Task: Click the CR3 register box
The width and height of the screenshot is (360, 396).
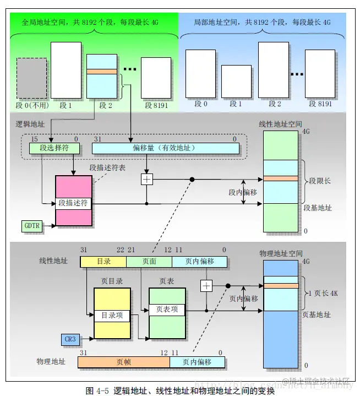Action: tap(70, 339)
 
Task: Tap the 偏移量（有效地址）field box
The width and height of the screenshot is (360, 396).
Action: tap(165, 148)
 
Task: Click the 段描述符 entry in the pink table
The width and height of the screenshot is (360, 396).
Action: tap(73, 203)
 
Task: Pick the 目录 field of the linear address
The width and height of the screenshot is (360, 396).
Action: tap(103, 261)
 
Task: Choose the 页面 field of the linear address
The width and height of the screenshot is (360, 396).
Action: tap(149, 261)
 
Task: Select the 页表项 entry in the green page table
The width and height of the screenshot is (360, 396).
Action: tap(167, 309)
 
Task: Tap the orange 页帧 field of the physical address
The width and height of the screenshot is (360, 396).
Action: tap(123, 362)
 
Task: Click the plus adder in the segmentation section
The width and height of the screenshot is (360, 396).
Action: tap(146, 180)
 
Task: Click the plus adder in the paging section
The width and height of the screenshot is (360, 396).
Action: tap(206, 285)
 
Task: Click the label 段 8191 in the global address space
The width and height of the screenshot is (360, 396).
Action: tap(156, 105)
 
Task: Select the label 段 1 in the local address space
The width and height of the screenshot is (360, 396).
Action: tap(236, 104)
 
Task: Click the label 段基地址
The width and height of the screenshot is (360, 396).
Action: tap(318, 208)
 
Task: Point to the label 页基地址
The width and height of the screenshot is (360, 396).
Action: tap(317, 314)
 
